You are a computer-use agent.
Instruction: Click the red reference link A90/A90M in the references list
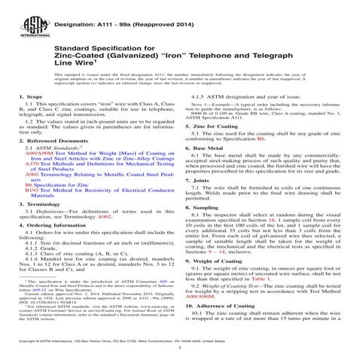pos(36,175)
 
